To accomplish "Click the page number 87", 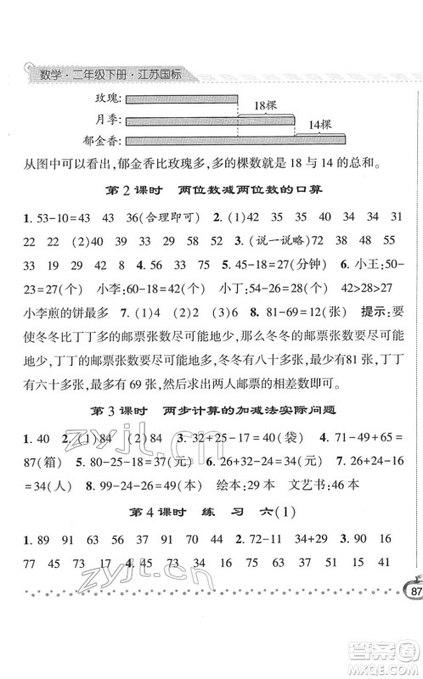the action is (413, 638).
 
